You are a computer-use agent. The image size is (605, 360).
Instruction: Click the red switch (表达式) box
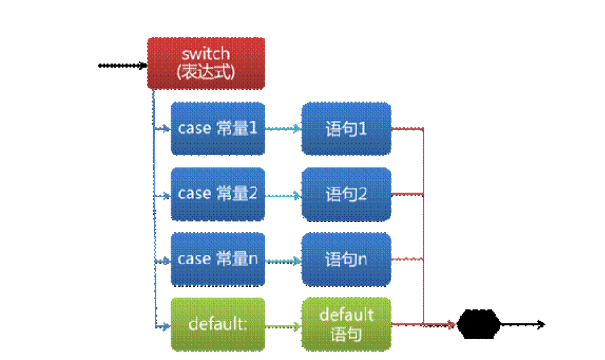(x=206, y=63)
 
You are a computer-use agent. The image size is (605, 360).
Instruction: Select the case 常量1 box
(x=218, y=129)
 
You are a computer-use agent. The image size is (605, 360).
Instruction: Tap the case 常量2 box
(x=218, y=194)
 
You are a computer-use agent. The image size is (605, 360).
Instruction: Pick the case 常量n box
(x=218, y=259)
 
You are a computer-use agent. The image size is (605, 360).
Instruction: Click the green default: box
(x=218, y=324)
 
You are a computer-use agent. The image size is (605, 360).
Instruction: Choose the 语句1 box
(x=347, y=129)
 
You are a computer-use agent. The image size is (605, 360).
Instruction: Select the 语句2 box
(x=347, y=194)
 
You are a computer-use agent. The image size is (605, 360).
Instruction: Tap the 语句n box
(x=347, y=259)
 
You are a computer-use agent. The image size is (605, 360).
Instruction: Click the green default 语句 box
(x=347, y=324)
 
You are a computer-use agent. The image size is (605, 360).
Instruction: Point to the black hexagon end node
(x=477, y=323)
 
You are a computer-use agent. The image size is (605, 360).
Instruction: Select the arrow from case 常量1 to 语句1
(x=283, y=129)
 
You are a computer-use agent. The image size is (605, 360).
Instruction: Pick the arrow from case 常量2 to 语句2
(x=283, y=194)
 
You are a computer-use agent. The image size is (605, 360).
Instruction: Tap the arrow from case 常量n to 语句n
(x=283, y=259)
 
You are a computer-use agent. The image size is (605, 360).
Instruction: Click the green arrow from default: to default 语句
(x=283, y=324)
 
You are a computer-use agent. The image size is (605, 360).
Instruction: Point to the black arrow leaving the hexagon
(x=522, y=323)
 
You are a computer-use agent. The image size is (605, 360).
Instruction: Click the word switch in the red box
(x=206, y=54)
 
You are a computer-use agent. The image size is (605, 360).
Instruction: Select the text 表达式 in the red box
(x=206, y=71)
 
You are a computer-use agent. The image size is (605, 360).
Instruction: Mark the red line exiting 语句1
(x=407, y=128)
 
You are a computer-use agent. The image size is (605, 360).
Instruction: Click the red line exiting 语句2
(x=407, y=193)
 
